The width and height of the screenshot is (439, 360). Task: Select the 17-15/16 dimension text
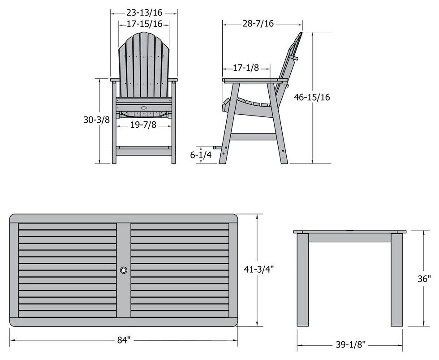(x=144, y=24)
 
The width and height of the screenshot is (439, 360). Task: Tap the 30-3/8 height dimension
(x=96, y=120)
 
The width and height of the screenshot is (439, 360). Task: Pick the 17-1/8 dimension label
(x=246, y=68)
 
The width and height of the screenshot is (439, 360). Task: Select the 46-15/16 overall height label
(x=312, y=97)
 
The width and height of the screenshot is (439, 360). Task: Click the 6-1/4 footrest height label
(x=201, y=154)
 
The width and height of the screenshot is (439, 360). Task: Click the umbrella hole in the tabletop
(x=124, y=270)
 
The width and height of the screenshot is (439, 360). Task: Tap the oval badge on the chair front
(x=144, y=108)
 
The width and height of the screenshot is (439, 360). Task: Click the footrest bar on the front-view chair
(x=144, y=148)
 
